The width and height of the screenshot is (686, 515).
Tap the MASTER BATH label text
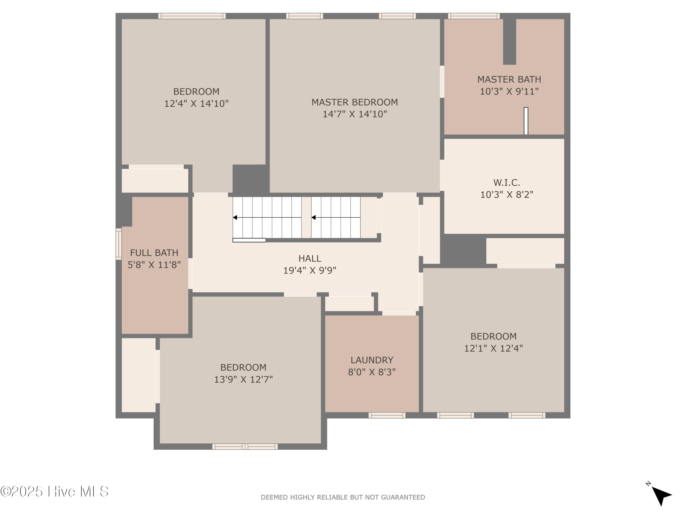[x=509, y=79]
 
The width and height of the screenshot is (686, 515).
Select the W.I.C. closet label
[x=506, y=182]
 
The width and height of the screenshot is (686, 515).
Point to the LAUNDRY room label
[x=372, y=360]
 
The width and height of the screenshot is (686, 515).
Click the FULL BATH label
[x=154, y=253]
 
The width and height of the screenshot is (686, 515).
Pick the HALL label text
[x=310, y=258]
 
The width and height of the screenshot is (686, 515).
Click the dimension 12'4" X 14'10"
[x=196, y=103]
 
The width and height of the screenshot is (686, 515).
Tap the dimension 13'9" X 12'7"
[x=244, y=379]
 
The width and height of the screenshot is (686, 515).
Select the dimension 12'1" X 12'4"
[x=493, y=348]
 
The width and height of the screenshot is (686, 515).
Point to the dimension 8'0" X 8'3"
[x=372, y=372]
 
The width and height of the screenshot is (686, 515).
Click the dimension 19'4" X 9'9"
[x=310, y=270]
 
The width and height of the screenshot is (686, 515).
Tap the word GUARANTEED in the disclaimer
[x=403, y=497]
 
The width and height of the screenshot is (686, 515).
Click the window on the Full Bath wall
[x=118, y=244]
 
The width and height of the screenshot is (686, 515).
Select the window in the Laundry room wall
[x=387, y=415]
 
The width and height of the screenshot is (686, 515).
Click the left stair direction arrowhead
[x=235, y=218]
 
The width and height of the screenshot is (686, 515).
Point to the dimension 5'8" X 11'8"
[x=154, y=265]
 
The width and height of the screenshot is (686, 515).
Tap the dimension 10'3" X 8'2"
[x=507, y=195]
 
